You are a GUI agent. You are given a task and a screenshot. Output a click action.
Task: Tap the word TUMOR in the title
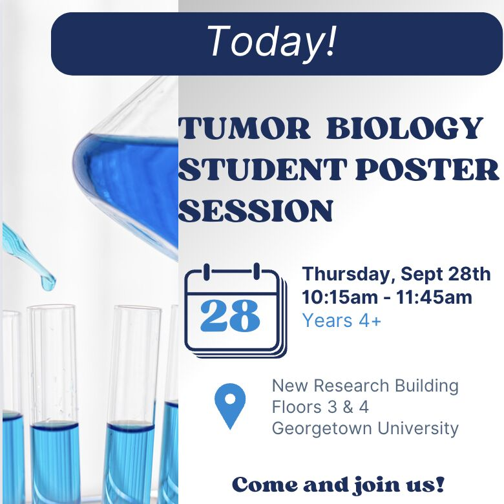coord(244,129)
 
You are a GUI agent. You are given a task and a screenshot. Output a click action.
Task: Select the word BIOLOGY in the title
coord(404,129)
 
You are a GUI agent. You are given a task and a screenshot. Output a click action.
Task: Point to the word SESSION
coord(256,210)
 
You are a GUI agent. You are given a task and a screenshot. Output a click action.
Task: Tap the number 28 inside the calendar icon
coord(230,316)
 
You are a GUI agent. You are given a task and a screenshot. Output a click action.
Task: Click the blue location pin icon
coord(230,404)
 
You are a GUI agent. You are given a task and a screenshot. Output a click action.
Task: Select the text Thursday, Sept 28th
coord(396,274)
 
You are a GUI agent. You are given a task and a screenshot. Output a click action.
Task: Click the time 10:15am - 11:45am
coord(387,297)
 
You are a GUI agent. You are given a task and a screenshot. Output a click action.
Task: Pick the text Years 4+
coord(342,320)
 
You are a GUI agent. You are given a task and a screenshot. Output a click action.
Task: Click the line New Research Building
coord(365,386)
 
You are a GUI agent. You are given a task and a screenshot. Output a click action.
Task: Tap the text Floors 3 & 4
coord(320,408)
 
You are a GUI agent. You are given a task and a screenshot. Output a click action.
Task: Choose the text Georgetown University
coord(365,428)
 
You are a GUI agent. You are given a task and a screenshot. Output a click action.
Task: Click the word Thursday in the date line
coord(347,274)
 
